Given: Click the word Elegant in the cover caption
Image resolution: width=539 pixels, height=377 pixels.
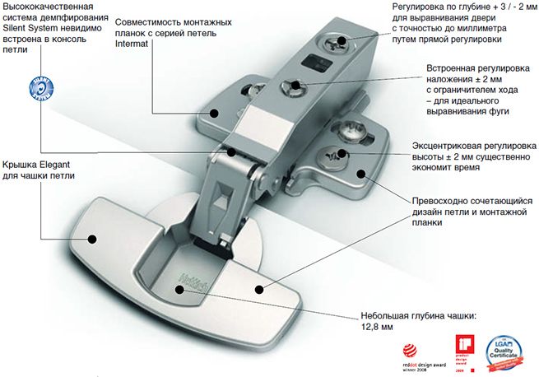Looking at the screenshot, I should click(x=55, y=163).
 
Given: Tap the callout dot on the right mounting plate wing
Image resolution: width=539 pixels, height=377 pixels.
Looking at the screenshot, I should click(x=360, y=175).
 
